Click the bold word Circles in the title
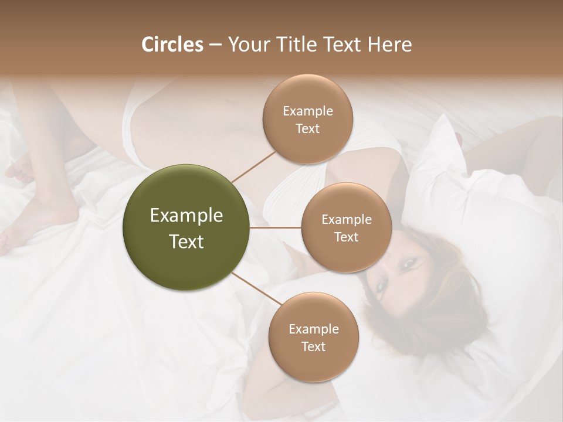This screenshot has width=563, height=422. [172, 45]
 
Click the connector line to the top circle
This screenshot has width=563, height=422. [253, 166]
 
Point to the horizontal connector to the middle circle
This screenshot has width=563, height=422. [276, 227]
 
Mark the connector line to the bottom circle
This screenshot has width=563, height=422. [256, 288]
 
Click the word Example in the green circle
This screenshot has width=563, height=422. [186, 216]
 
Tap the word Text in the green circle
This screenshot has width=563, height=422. [186, 241]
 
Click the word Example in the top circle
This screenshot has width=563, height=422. [307, 111]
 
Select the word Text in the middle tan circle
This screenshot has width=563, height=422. [346, 237]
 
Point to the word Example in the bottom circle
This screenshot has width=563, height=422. [313, 329]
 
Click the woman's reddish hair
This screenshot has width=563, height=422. [446, 258]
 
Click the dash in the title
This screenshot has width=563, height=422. [215, 45]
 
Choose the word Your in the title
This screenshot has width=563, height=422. [246, 45]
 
